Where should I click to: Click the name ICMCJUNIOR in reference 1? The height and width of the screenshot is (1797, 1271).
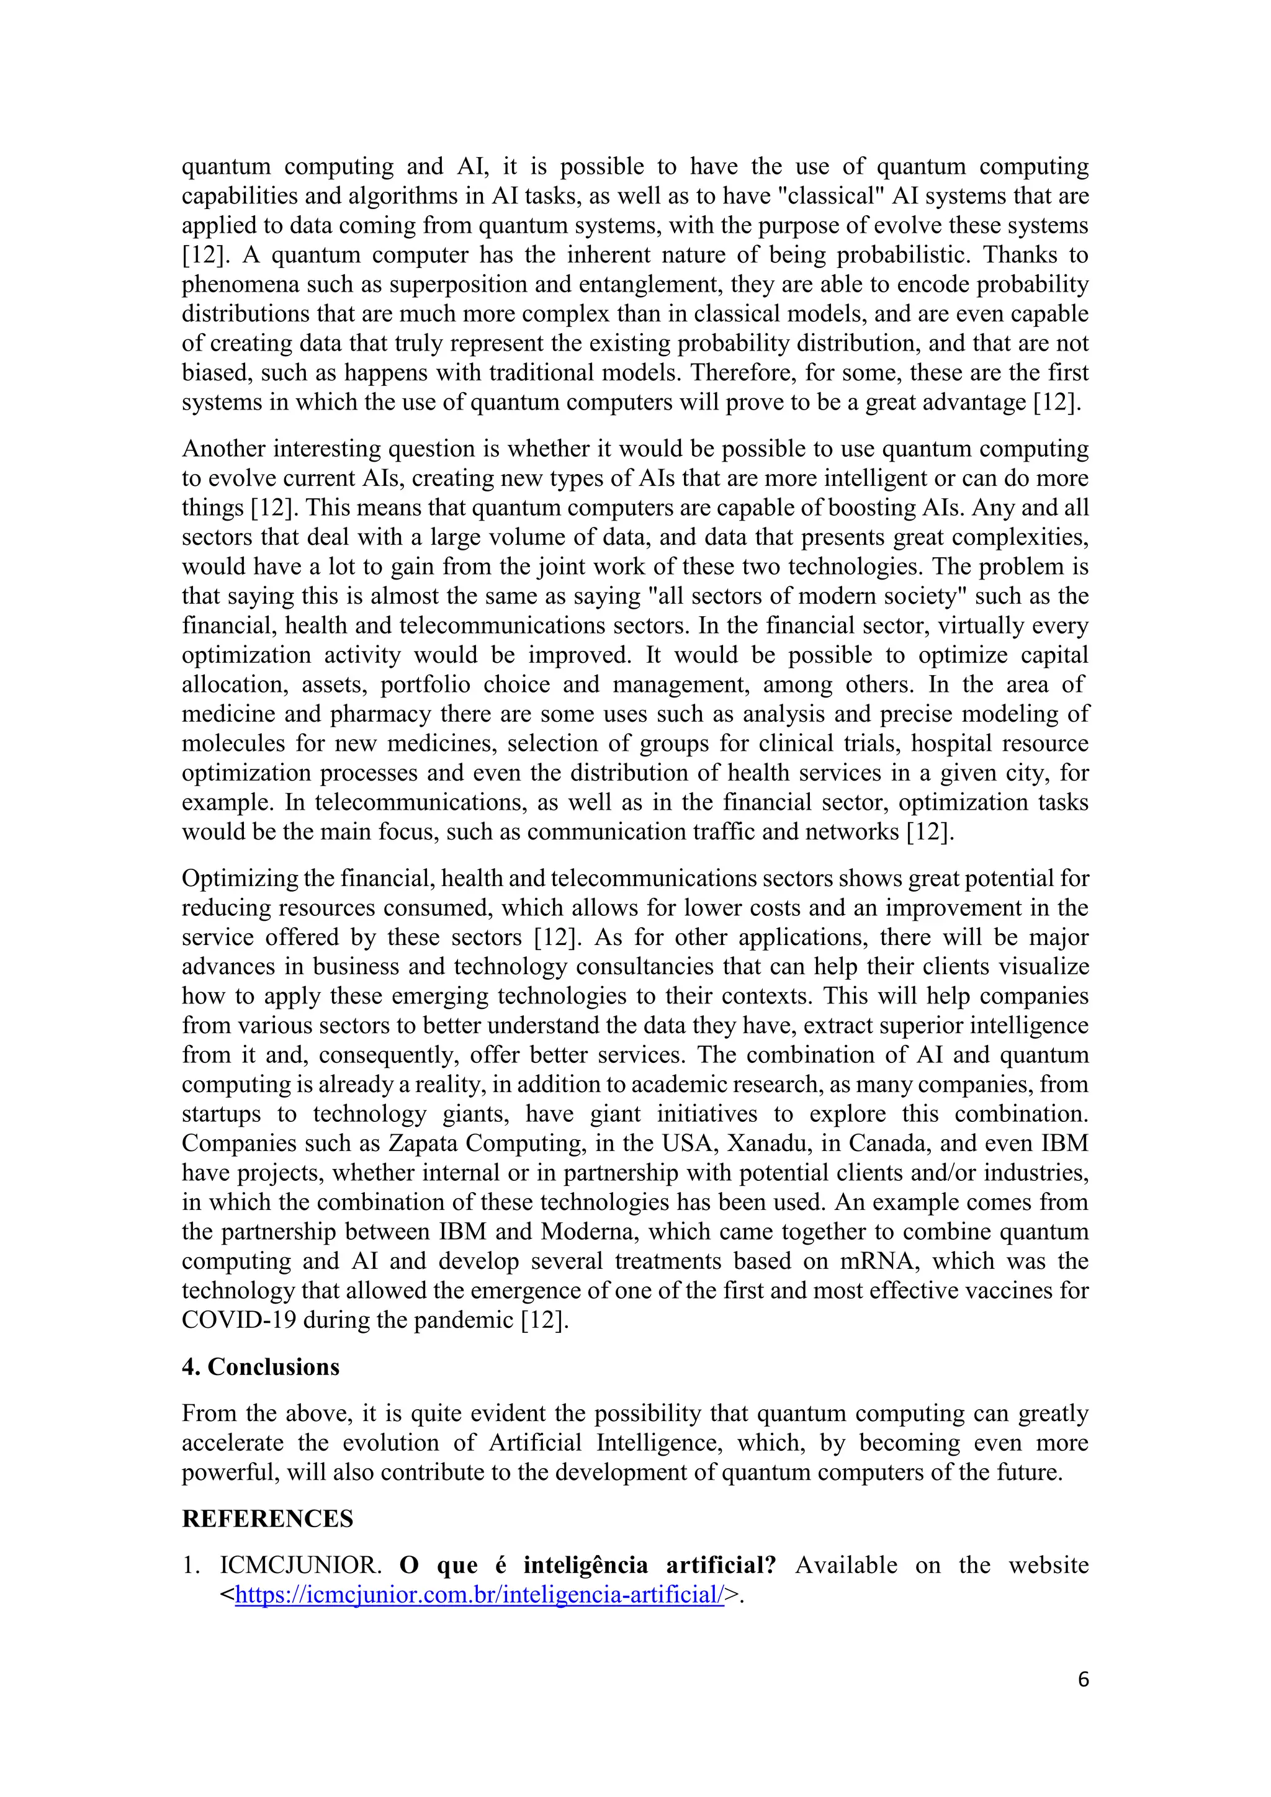(x=300, y=1566)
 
